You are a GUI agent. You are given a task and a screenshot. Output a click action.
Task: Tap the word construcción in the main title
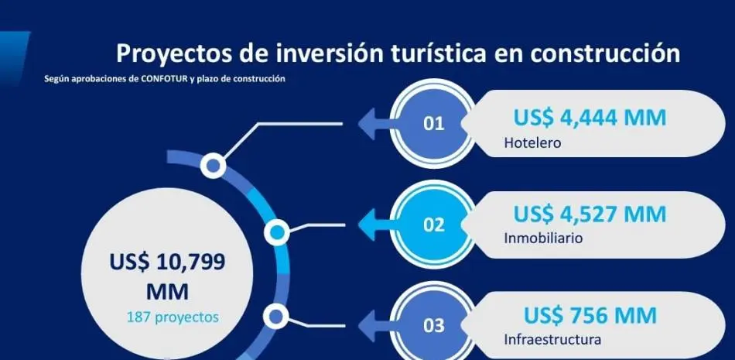pyautogui.click(x=605, y=53)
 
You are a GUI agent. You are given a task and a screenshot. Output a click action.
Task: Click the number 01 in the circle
pyautogui.click(x=433, y=123)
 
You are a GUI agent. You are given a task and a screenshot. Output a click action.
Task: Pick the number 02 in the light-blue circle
pyautogui.click(x=433, y=225)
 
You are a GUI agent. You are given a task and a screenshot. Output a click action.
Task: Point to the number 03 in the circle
pyautogui.click(x=433, y=326)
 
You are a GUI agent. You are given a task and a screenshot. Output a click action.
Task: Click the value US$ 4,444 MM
pyautogui.click(x=590, y=118)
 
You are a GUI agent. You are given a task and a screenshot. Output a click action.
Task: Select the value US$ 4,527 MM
pyautogui.click(x=590, y=214)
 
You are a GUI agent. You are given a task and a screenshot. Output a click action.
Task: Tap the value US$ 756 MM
pyautogui.click(x=590, y=315)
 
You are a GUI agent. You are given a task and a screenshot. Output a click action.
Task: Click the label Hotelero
pyautogui.click(x=532, y=142)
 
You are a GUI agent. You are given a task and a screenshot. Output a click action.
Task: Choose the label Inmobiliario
pyautogui.click(x=543, y=238)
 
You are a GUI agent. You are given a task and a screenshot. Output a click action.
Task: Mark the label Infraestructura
pyautogui.click(x=552, y=339)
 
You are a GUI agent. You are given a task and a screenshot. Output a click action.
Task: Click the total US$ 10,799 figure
pyautogui.click(x=167, y=262)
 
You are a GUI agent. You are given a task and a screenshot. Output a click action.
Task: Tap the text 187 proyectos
pyautogui.click(x=173, y=317)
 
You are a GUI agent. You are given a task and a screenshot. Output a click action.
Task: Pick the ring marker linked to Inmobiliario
pyautogui.click(x=276, y=231)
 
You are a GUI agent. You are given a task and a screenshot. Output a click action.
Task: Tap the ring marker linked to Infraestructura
pyautogui.click(x=275, y=317)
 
